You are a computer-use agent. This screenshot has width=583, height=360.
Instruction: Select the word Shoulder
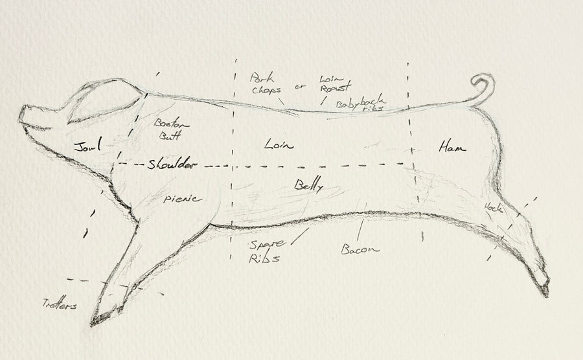[x=170, y=165]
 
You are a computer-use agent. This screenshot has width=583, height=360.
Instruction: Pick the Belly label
[x=308, y=186]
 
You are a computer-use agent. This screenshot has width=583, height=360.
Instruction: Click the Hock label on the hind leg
[x=494, y=207]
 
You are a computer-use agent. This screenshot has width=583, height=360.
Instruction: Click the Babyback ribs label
[x=361, y=103]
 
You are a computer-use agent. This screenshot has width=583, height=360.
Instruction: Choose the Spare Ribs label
[x=265, y=251]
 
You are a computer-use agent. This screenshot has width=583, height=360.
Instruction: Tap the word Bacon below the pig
[x=360, y=249]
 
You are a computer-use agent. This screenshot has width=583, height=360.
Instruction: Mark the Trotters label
[x=60, y=304]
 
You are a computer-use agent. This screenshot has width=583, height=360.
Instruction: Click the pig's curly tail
[x=483, y=87]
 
